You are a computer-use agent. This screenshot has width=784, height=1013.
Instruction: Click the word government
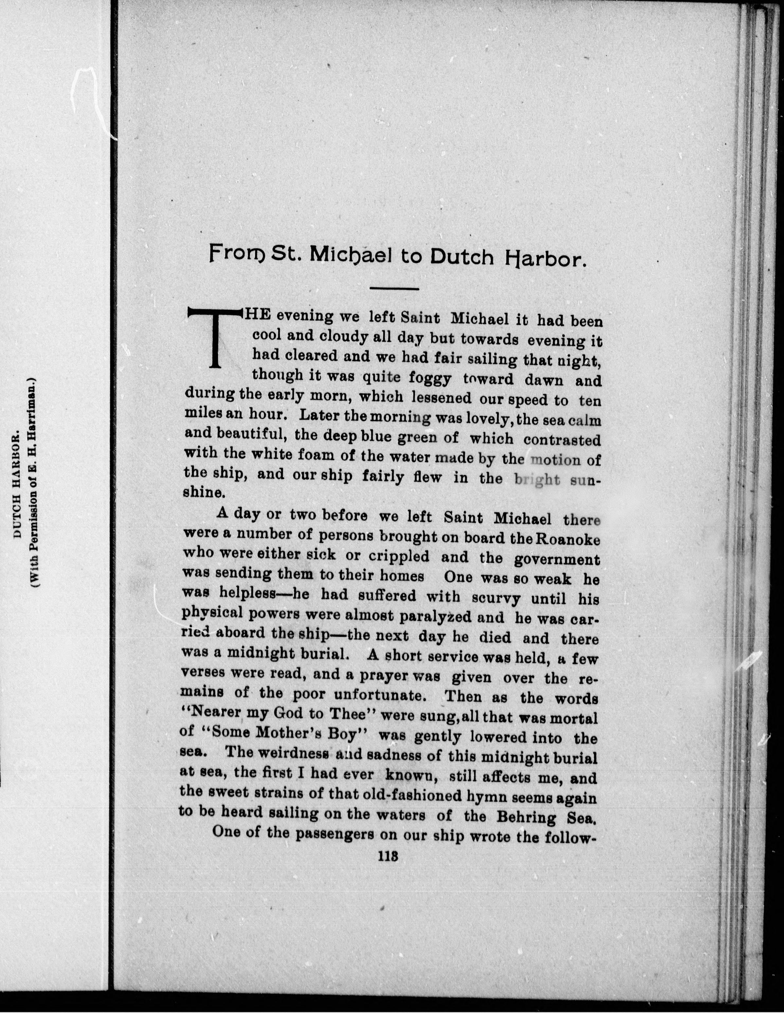coord(557,560)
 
